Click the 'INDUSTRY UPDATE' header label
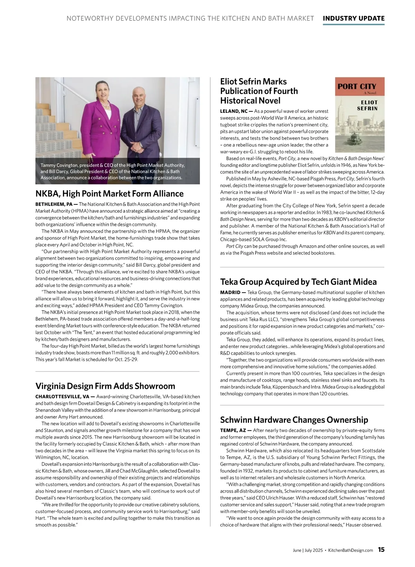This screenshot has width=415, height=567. (x=353, y=18)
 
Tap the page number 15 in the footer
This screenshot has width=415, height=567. (x=381, y=550)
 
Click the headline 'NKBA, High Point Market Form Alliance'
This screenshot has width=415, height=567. (x=109, y=193)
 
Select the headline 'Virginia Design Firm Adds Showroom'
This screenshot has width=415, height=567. (x=105, y=386)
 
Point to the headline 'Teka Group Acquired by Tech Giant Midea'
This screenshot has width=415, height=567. (x=298, y=282)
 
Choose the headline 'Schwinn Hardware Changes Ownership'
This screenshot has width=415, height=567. (x=294, y=420)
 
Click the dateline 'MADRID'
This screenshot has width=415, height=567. (x=230, y=292)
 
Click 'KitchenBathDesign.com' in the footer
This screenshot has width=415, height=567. (x=350, y=550)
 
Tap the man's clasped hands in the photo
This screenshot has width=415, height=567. (x=137, y=146)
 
